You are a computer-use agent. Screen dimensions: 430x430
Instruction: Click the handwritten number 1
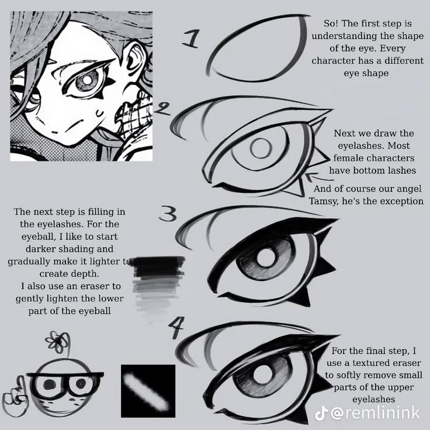pyautogui.click(x=191, y=40)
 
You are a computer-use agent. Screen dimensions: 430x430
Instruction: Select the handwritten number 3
pyautogui.click(x=167, y=216)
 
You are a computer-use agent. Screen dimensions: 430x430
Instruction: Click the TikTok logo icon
pyautogui.click(x=321, y=413)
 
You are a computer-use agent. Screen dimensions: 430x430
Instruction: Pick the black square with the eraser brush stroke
pyautogui.click(x=148, y=388)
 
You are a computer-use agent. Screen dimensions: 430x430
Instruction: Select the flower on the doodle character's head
pyautogui.click(x=59, y=342)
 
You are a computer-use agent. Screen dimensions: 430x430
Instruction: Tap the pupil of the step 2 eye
pyautogui.click(x=259, y=149)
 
